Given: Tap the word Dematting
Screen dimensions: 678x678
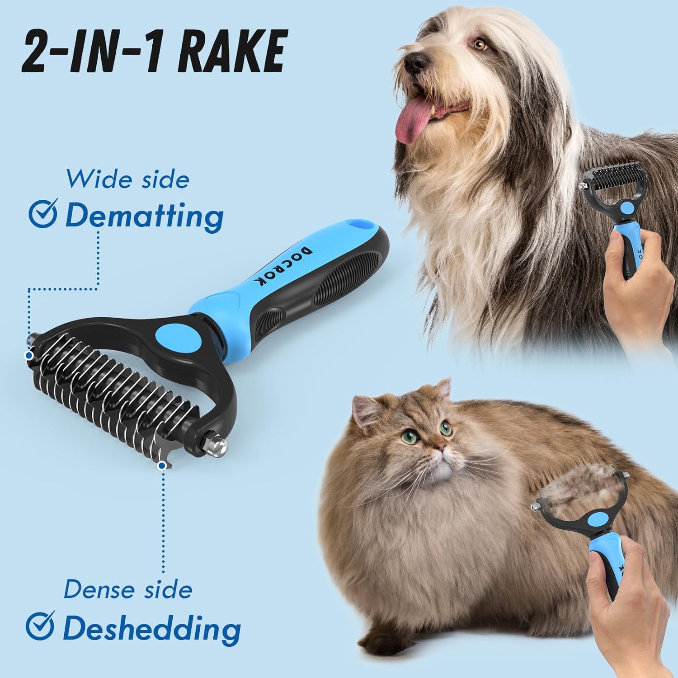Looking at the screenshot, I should pos(144,216).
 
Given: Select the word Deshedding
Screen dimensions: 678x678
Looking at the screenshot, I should pos(151,628).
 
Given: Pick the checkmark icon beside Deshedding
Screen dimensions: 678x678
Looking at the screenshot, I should pos(40,626).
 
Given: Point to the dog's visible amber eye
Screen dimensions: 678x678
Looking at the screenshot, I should pos(480,44).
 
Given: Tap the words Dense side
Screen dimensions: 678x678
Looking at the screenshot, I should pos(128,589).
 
